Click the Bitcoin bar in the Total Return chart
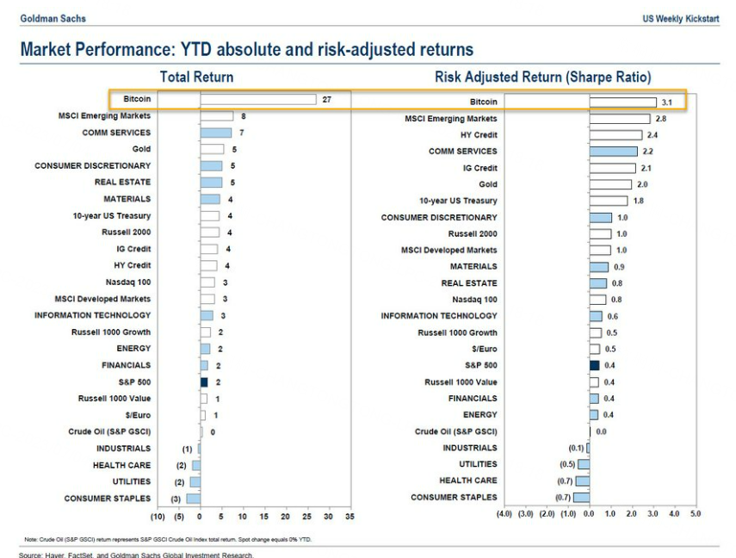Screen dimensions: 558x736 pos(258,100)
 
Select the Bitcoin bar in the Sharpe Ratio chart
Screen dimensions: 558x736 pos(623,102)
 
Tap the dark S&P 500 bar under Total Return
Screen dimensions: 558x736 pos(204,381)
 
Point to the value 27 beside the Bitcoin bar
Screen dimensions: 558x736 pos(327,100)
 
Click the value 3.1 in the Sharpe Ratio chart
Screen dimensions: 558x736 pos(665,102)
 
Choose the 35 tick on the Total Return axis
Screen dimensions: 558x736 pos(349,517)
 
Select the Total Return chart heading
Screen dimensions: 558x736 pos(196,77)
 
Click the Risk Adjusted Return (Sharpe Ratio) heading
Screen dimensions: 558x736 pos(542,77)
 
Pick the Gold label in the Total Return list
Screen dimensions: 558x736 pos(141,149)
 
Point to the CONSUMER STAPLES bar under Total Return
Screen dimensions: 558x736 pos(193,498)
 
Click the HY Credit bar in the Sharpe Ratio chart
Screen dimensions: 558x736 pos(615,135)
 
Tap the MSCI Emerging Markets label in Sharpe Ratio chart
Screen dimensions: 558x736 pos(450,119)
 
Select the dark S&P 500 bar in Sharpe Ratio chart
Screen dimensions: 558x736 pos(594,365)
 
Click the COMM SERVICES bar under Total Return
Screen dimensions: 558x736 pos(216,133)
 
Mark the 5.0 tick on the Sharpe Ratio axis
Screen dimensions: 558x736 pos(695,514)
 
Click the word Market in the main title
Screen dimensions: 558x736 pos(47,50)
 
